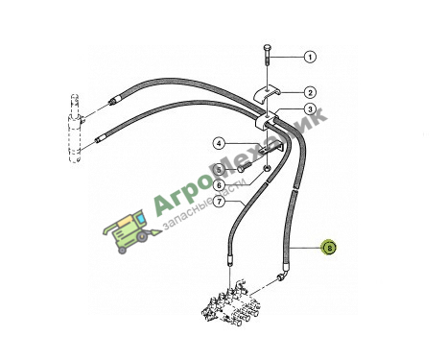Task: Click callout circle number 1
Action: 310,57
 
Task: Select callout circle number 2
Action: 310,93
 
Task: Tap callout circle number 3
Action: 310,109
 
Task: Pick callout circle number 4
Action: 219,144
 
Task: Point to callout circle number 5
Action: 219,169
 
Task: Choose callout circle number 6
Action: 219,185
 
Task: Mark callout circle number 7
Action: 219,202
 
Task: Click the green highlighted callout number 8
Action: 330,248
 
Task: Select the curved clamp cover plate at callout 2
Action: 268,94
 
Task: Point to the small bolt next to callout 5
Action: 245,167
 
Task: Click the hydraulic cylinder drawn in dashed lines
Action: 76,129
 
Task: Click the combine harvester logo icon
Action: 131,231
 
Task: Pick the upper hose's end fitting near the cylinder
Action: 114,101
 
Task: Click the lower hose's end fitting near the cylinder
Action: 100,139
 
